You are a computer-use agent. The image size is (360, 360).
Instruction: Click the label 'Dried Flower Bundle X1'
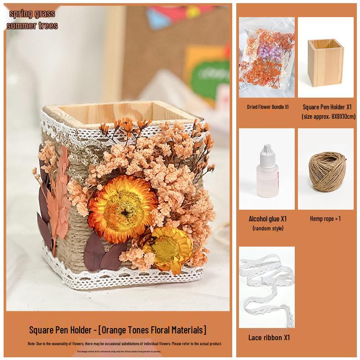coord(267,108)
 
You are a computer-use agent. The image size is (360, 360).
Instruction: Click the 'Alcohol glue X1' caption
coord(267,219)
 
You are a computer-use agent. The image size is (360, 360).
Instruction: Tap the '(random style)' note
coord(267,228)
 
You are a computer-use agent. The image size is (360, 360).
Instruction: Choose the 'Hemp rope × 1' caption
coord(325,219)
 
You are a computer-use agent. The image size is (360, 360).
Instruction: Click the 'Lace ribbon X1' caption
coord(269,337)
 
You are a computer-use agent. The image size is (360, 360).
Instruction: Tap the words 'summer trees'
coord(32,26)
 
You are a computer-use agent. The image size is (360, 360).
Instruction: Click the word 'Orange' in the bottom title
coord(114,330)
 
